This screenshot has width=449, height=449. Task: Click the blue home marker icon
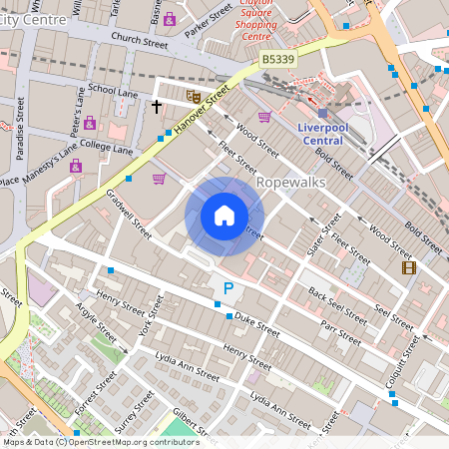point(224,216)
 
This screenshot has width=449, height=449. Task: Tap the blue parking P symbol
point(227,289)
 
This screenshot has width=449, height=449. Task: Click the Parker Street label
point(209,19)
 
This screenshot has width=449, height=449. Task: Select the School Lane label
point(113,91)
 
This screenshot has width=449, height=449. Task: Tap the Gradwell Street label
point(128,216)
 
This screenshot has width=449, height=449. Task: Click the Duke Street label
point(258,324)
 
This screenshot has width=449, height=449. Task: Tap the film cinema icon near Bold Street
point(407,266)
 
